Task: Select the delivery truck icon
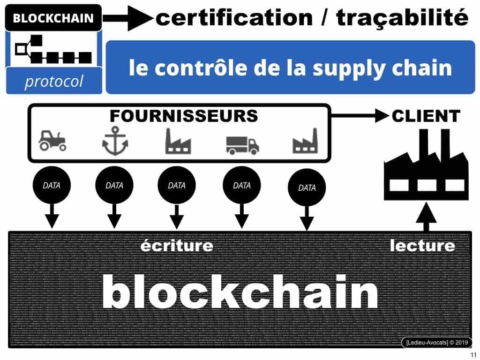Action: pyautogui.click(x=242, y=144)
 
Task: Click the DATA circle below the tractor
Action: pyautogui.click(x=52, y=186)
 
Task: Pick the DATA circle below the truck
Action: pyautogui.click(x=241, y=186)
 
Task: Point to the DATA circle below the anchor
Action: pyautogui.click(x=114, y=186)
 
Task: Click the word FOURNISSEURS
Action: pyautogui.click(x=184, y=115)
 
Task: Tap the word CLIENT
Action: pyautogui.click(x=426, y=116)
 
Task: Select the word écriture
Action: pyautogui.click(x=177, y=246)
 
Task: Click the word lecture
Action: pyautogui.click(x=422, y=246)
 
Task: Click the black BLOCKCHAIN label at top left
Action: pyautogui.click(x=53, y=19)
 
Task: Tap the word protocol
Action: pyautogui.click(x=53, y=81)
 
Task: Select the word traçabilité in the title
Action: pyautogui.click(x=403, y=18)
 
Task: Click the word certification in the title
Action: pyautogui.click(x=233, y=18)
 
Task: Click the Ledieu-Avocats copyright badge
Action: pyautogui.click(x=436, y=342)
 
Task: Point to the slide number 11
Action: pyautogui.click(x=472, y=355)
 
